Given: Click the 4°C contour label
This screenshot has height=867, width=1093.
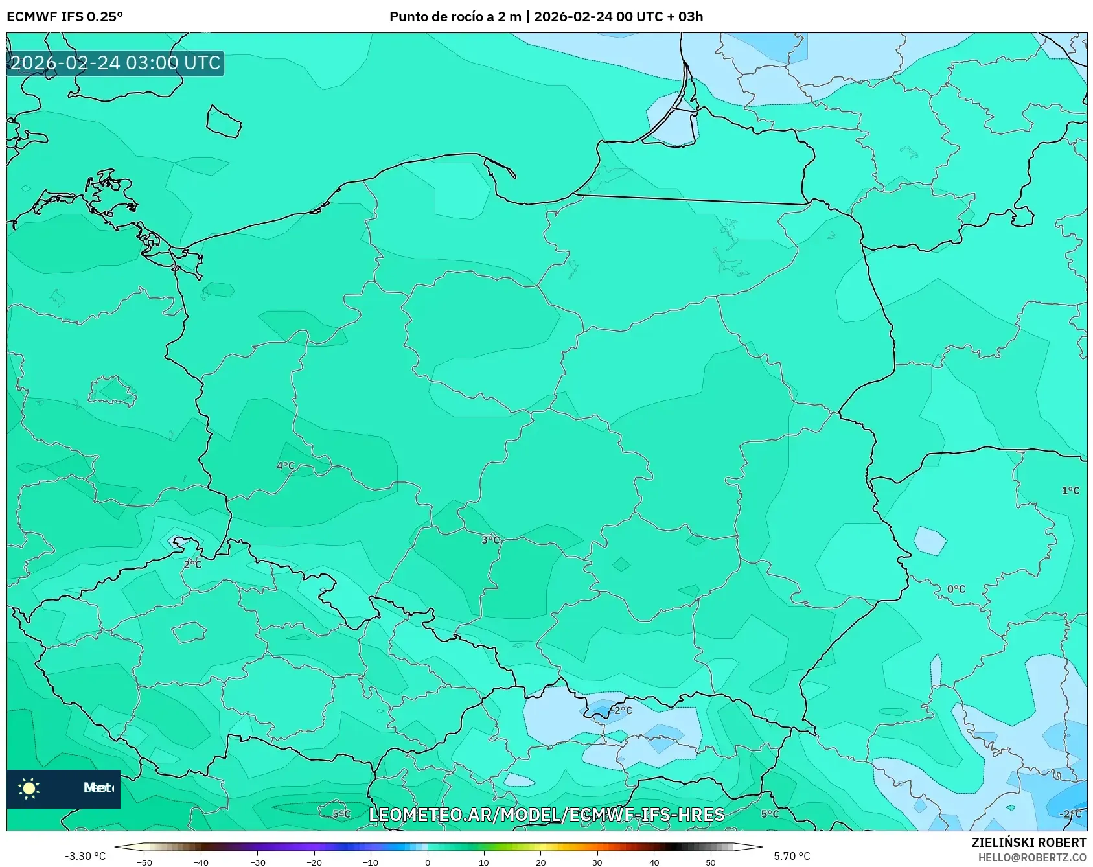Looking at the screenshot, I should click(286, 466).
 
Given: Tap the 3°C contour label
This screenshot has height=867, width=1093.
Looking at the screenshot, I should click(490, 540).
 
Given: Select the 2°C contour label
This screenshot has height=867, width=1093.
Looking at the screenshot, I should click(192, 564).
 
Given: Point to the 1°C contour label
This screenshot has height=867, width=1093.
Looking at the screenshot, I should click(1070, 491).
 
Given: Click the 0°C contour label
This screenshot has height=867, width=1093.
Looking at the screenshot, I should click(956, 589).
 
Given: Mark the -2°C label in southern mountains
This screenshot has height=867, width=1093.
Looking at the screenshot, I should click(621, 710).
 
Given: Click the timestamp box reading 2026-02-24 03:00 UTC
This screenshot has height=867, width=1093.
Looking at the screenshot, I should click(115, 63).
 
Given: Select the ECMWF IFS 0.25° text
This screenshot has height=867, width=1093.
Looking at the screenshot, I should click(65, 17).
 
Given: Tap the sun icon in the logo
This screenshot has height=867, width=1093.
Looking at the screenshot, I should click(29, 788).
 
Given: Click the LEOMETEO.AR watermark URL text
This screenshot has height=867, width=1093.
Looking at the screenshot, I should click(546, 815).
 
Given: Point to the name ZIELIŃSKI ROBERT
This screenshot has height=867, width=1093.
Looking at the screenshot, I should click(1028, 842).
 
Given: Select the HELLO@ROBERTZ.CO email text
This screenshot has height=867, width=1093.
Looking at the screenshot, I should click(1031, 857).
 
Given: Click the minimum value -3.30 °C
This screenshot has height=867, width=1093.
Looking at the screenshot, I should click(85, 856).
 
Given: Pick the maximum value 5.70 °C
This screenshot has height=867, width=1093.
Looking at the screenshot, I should click(792, 856).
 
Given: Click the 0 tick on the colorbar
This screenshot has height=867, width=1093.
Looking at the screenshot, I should click(427, 862).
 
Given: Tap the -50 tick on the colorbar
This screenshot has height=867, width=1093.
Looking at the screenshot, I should click(144, 862).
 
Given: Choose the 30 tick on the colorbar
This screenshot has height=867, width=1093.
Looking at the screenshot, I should click(597, 862).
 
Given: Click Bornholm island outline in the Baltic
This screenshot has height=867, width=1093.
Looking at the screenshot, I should click(224, 121).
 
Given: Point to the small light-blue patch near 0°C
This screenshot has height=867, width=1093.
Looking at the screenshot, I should click(930, 540).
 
